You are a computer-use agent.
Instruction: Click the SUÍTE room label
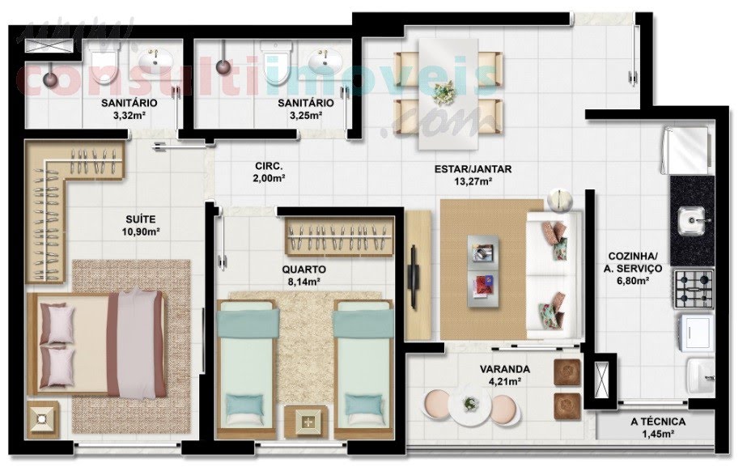[141, 219]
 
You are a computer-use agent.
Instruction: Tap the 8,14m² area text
[304, 282]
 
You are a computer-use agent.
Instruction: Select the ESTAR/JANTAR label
[473, 169]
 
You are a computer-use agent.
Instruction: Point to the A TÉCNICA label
[658, 422]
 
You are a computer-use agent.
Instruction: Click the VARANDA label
[504, 369]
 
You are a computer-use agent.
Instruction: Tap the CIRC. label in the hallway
[269, 166]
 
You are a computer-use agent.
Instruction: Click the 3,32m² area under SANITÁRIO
[129, 115]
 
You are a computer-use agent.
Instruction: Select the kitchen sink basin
[692, 221]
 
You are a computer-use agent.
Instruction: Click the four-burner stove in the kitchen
[693, 289]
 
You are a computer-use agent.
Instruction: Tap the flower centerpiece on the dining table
[444, 92]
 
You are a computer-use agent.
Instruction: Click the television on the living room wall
[413, 277]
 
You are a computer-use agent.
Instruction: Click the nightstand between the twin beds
[306, 421]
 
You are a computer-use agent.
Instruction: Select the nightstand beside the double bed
[43, 418]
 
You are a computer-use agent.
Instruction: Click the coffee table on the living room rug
[483, 271]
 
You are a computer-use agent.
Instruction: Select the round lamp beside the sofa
[560, 200]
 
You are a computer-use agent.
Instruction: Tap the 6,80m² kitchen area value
[633, 281]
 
